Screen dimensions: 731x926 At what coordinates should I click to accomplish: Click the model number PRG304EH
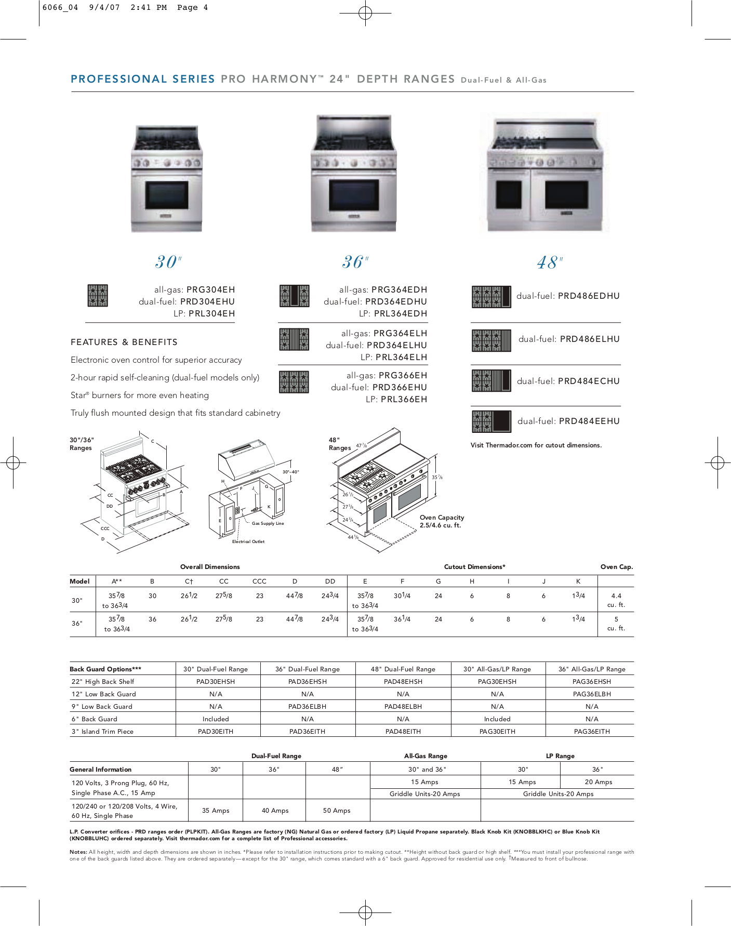[210, 289]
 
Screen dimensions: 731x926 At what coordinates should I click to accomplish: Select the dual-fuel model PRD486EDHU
[589, 296]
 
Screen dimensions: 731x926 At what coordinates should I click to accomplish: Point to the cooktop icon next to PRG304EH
[98, 296]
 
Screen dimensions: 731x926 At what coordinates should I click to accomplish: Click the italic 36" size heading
[355, 261]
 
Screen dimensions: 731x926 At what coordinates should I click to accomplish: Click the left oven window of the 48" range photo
[509, 194]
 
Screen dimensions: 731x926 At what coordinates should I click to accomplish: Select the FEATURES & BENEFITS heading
[124, 342]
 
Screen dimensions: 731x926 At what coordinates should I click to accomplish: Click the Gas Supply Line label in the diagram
[268, 523]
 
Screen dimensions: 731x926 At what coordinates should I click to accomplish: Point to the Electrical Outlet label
[248, 541]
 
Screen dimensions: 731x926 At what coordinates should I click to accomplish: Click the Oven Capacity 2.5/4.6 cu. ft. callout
[442, 521]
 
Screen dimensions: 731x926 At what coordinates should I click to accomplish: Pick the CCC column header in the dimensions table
[259, 581]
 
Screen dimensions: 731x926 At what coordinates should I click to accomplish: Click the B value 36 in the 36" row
[152, 619]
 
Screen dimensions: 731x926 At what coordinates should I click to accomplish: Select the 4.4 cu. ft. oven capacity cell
[616, 600]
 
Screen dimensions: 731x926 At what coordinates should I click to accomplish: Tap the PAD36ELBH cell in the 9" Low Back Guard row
[308, 707]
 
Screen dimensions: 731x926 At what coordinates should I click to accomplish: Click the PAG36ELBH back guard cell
[592, 694]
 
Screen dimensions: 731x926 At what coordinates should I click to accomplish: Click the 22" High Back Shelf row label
[103, 682]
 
